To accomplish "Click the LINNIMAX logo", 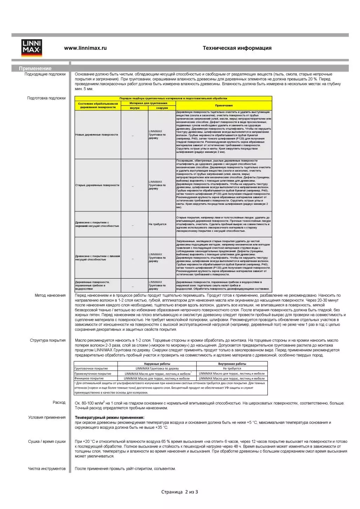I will click(32, 48).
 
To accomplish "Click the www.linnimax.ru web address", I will click(85, 48).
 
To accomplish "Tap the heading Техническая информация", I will click(237, 48).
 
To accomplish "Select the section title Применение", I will click(35, 68).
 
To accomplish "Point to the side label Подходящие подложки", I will click(45, 74).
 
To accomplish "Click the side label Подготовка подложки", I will click(46, 98).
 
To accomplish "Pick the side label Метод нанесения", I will click(50, 296).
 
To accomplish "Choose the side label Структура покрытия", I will click(48, 340).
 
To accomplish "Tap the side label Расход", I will click(59, 402).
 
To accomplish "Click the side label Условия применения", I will click(47, 418).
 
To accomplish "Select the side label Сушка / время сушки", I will click(47, 442).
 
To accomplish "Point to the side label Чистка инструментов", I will click(47, 469).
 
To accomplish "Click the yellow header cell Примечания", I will click(224, 106).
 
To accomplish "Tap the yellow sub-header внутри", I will click(134, 108).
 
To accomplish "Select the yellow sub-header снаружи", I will click(162, 108).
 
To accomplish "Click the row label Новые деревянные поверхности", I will click(96, 135).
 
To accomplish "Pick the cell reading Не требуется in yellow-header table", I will click(157, 224).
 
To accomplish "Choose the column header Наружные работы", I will click(157, 364).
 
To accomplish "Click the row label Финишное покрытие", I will click(89, 379).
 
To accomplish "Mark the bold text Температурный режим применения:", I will click(109, 418).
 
